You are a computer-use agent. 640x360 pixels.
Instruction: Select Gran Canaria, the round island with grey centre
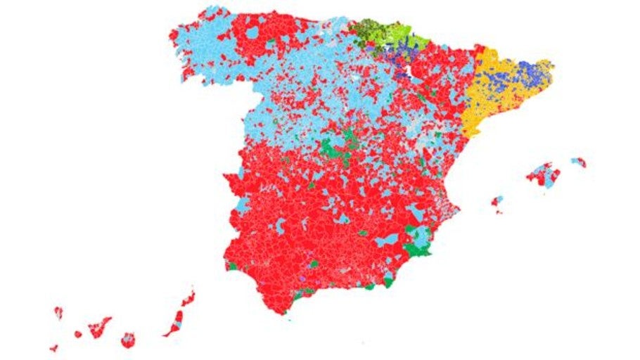point(127,340)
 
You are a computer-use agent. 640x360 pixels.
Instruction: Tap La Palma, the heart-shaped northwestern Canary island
point(58,312)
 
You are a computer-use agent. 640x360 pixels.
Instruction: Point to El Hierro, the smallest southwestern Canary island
point(53,347)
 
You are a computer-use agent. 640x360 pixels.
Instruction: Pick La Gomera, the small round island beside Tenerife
point(78,334)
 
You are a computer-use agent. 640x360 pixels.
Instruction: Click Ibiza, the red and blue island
point(497,202)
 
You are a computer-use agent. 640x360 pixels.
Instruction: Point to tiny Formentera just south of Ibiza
point(499,212)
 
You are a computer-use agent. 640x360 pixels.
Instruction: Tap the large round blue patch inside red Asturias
point(252,32)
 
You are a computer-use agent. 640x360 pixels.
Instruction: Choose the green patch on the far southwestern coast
point(231,266)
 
